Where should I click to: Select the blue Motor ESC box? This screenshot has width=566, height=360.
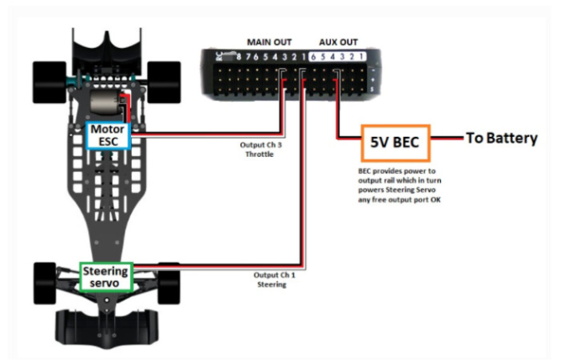pyautogui.click(x=107, y=134)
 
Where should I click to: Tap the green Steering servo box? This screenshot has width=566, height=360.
pyautogui.click(x=107, y=277)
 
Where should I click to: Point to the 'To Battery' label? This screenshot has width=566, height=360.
pyautogui.click(x=501, y=138)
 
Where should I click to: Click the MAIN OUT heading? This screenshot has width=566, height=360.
pyautogui.click(x=270, y=41)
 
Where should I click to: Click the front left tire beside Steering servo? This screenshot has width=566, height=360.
pyautogui.click(x=47, y=280)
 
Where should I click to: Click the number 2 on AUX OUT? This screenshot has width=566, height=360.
pyautogui.click(x=353, y=57)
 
